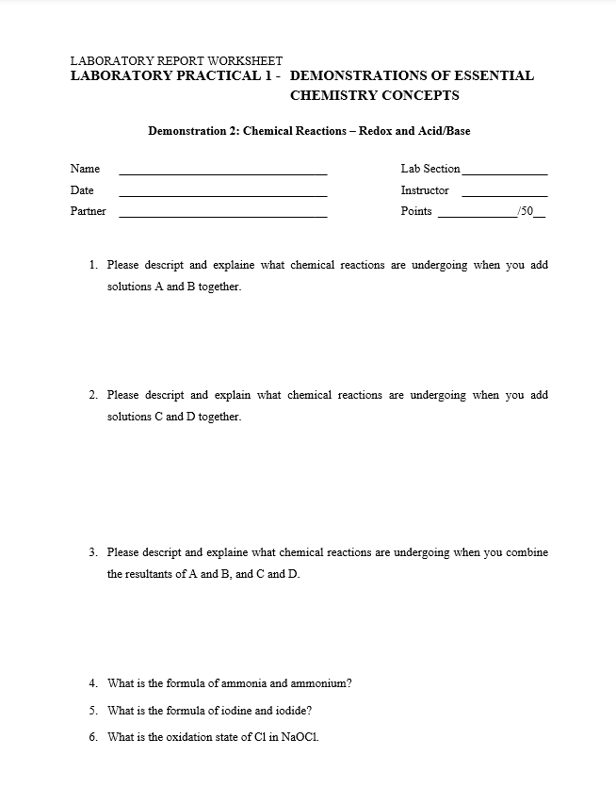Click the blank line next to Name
tap(223, 173)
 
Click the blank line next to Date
tap(223, 194)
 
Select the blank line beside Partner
tap(223, 216)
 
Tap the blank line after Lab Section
tap(504, 173)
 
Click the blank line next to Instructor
tap(504, 194)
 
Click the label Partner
tap(88, 211)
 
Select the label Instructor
tap(425, 190)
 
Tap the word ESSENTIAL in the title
tap(489, 75)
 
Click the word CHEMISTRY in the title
tap(332, 95)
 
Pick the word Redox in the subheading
tap(376, 131)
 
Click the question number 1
tap(93, 266)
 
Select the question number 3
tap(93, 552)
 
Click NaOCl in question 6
tap(300, 737)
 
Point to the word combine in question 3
tap(527, 552)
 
